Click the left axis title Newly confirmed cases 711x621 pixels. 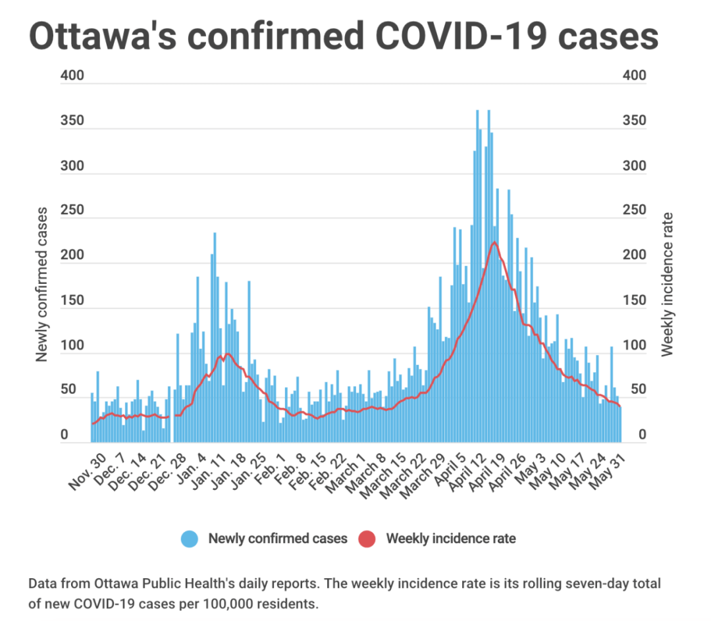tap(42, 284)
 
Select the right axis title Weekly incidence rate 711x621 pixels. tap(668, 284)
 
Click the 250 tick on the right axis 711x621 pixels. tap(634, 211)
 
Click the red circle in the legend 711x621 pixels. tap(367, 539)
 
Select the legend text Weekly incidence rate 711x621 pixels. tap(451, 539)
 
